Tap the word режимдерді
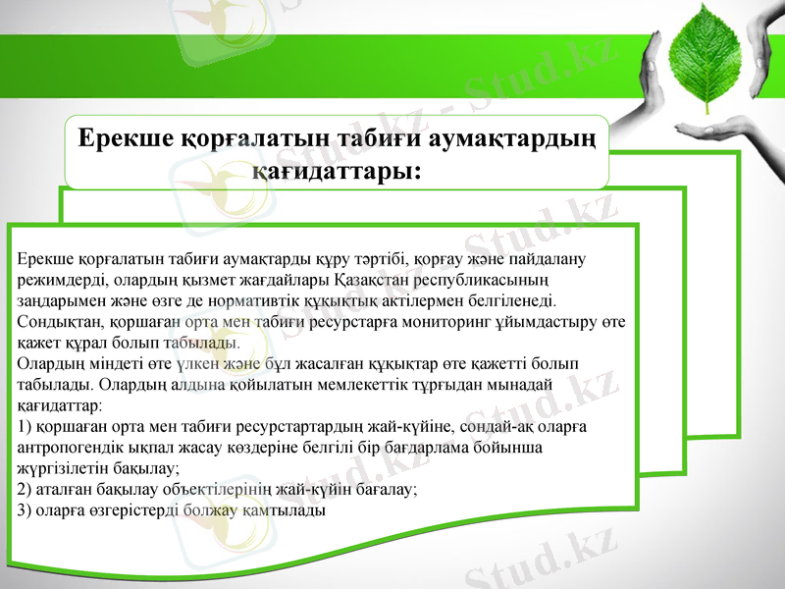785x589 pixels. (x=57, y=281)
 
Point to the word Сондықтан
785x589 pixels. (x=58, y=322)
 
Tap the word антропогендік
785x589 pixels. (x=72, y=447)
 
